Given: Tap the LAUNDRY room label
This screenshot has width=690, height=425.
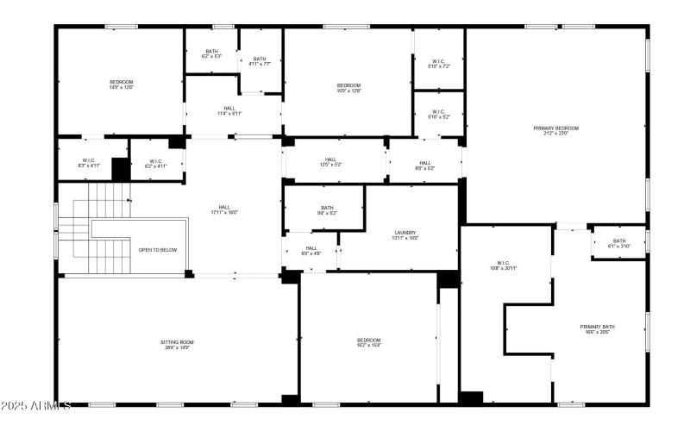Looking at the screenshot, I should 406,234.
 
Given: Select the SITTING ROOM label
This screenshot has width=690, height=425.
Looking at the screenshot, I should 176,345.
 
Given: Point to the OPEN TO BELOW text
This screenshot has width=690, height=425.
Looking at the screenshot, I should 158,250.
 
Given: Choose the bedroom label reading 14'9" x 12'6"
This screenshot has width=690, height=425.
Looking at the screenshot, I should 121,84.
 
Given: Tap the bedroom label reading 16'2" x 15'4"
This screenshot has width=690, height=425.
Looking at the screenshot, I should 368,342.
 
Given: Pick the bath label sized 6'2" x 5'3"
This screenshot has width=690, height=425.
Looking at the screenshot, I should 211,53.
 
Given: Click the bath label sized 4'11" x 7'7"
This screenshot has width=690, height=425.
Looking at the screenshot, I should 260,60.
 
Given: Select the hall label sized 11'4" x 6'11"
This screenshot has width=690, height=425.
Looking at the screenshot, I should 229,110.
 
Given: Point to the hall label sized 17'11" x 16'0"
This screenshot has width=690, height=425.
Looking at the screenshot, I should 224,209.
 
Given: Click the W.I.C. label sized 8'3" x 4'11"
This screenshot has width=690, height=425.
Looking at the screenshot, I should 89,162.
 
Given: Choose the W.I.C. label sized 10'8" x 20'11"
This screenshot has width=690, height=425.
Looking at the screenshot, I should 505,266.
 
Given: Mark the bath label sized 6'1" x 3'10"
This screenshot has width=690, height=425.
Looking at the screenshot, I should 619,243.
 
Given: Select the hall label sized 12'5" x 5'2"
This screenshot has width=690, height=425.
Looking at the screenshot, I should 330,161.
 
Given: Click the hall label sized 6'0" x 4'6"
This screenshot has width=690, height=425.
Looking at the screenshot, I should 310,250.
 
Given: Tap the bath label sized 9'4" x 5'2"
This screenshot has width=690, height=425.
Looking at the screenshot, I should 327,209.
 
